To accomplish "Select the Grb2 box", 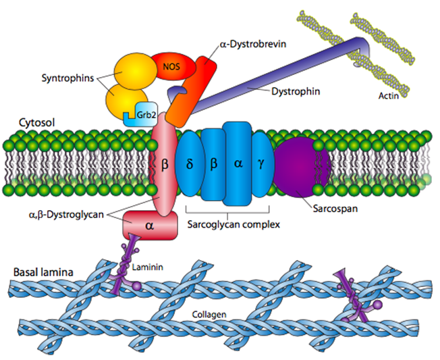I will (x=144, y=115).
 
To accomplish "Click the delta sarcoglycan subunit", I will (x=190, y=163).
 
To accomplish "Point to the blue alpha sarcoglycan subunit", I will (x=237, y=163).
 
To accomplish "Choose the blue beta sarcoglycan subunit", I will (x=213, y=163).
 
